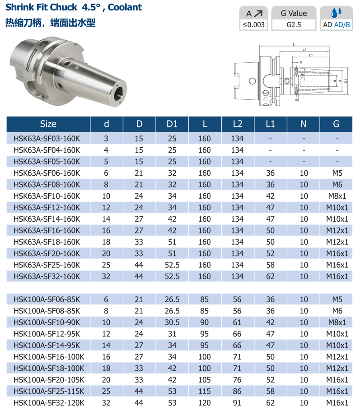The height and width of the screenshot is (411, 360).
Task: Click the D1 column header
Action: (172, 124)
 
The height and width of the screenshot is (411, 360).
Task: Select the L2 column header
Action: (238, 124)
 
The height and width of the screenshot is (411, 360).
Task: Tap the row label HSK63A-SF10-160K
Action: (47, 196)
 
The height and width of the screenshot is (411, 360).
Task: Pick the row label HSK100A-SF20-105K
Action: (49, 380)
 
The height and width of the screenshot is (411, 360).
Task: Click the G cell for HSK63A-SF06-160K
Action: (337, 173)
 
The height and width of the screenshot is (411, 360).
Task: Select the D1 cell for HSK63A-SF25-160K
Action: (172, 265)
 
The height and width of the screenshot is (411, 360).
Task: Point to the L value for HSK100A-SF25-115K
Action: (205, 391)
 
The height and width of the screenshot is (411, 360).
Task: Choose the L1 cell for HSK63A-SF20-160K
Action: (270, 253)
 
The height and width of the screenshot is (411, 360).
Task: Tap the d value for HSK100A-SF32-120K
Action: (106, 403)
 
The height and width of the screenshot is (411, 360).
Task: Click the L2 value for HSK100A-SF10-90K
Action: (237, 322)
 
